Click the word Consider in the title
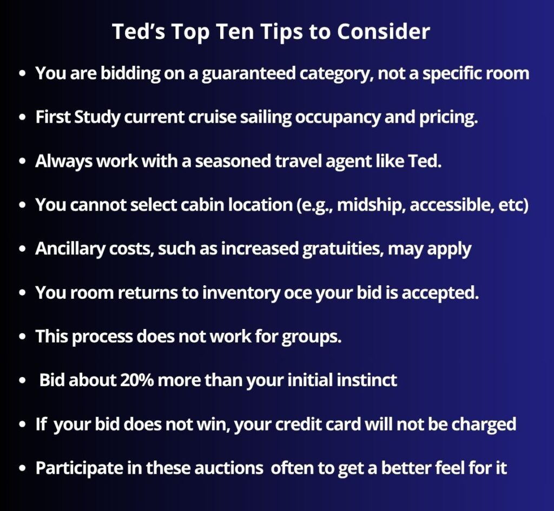tap(383, 31)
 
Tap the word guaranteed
tap(248, 73)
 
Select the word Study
tap(97, 117)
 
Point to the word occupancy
tap(338, 117)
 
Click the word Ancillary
tap(70, 249)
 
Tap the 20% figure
tap(137, 380)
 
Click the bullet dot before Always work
tap(23, 161)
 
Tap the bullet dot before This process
tap(23, 337)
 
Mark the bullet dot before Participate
tap(23, 468)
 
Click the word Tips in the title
tap(281, 32)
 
